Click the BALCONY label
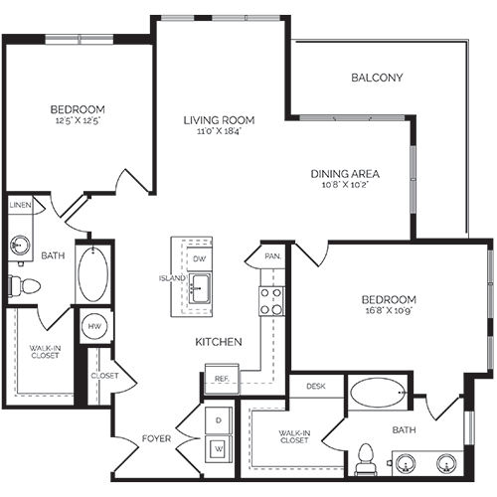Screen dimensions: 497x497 click(377, 78)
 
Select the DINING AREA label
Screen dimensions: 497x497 click(345, 173)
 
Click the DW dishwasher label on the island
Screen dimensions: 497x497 click(199, 258)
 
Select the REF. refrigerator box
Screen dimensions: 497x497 click(220, 378)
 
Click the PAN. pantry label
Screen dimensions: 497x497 click(273, 255)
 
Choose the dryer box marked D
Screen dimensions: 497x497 click(218, 420)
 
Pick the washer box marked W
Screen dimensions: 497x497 click(218, 448)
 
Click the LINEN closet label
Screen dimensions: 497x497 click(21, 206)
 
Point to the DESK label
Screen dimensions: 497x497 click(316, 386)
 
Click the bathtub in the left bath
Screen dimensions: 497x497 click(95, 274)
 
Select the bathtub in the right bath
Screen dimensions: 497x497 click(379, 394)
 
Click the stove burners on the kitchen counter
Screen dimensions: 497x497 click(271, 301)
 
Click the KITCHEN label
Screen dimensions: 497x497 click(219, 341)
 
